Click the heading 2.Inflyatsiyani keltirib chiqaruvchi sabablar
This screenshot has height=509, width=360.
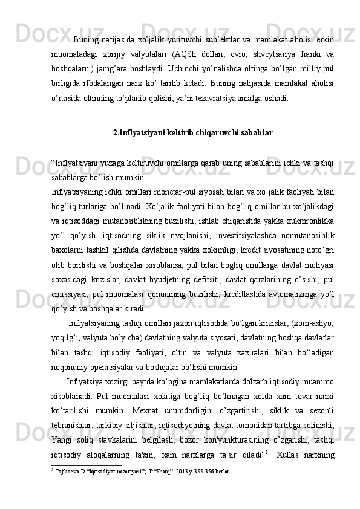(193, 132)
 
